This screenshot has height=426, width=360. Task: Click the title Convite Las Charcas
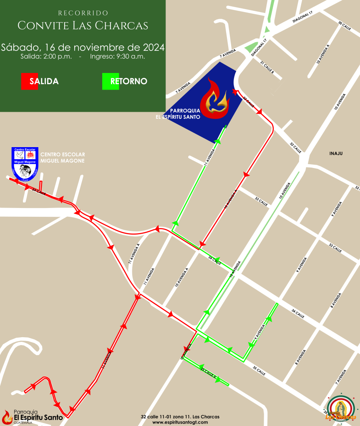coord(83,25)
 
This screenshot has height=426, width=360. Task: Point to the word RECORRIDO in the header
coord(83,13)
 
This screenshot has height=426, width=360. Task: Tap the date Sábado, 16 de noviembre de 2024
coord(83,47)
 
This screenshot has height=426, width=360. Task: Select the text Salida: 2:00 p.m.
coord(46,56)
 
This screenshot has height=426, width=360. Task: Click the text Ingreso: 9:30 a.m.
coord(117,56)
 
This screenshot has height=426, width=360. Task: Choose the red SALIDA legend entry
coord(40,81)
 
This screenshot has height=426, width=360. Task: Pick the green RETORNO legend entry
coord(125,81)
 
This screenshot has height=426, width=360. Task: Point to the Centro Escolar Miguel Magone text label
coord(62,158)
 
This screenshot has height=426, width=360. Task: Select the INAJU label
coord(335,153)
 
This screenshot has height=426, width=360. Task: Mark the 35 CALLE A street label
coord(208,373)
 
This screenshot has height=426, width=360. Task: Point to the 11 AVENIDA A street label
coord(134,254)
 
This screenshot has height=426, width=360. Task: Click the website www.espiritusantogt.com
coord(180,422)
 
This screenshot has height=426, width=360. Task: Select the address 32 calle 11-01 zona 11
coord(180,416)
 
